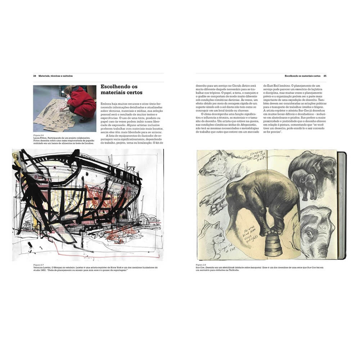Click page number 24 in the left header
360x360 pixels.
pos(35,76)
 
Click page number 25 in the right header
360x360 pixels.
pos(325,76)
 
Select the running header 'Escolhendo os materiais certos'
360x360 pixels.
pos(302,76)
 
